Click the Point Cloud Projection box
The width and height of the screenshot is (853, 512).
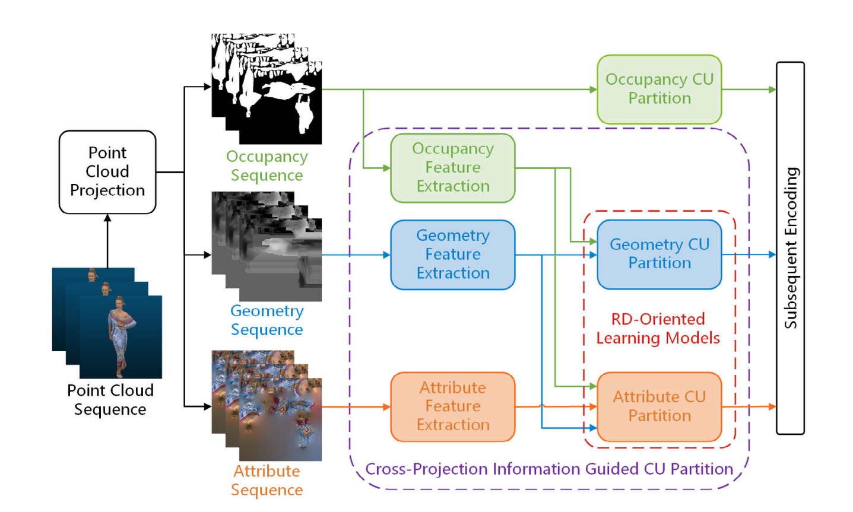click(x=107, y=171)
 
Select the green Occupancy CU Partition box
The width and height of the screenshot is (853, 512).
click(x=659, y=89)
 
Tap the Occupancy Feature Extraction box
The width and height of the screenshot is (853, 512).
click(x=452, y=167)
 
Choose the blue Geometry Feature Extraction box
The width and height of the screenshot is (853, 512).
click(x=452, y=255)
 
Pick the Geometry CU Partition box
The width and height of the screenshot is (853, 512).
click(x=659, y=254)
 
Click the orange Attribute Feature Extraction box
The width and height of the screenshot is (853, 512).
click(x=452, y=406)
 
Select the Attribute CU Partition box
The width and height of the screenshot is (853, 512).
click(x=659, y=406)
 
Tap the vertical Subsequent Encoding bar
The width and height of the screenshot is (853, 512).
click(x=790, y=248)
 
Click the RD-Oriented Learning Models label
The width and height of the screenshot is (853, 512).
click(x=658, y=328)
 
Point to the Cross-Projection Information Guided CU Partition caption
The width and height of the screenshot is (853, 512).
click(x=549, y=469)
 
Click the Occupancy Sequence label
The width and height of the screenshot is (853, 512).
click(x=267, y=166)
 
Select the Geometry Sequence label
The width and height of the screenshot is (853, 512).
click(x=267, y=320)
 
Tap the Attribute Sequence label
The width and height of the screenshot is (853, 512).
click(x=267, y=481)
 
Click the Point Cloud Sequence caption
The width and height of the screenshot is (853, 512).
click(x=110, y=400)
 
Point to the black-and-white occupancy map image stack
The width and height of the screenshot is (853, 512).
click(x=267, y=89)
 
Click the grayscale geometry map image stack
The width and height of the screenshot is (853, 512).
click(x=267, y=246)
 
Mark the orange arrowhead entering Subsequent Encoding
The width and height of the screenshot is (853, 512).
click(x=772, y=406)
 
